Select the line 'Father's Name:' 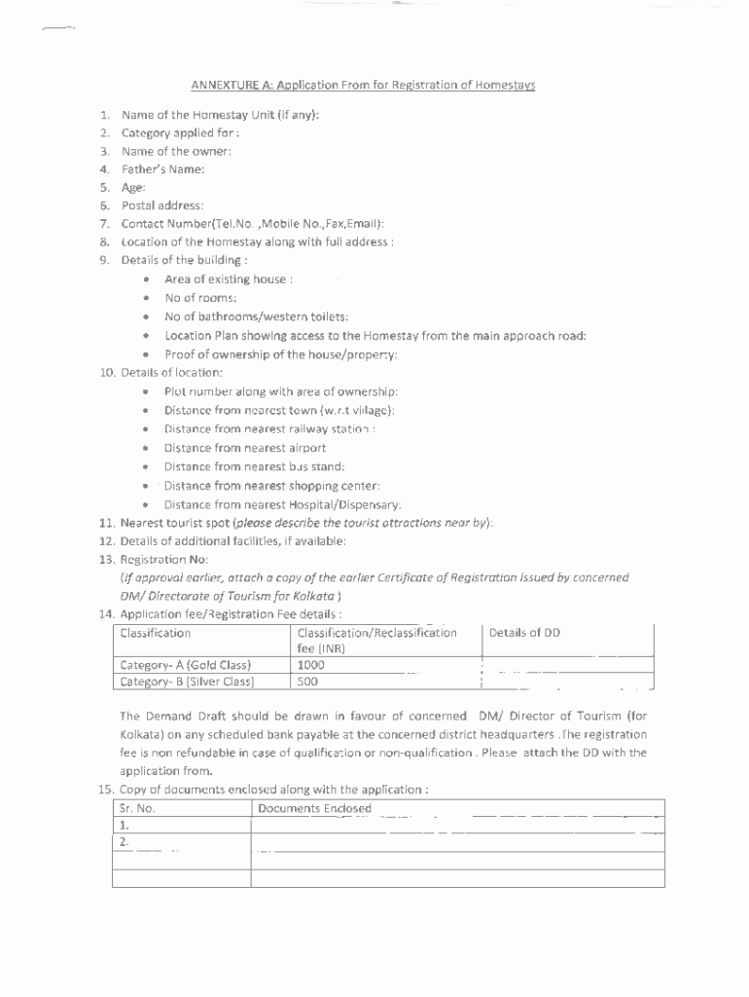(x=162, y=169)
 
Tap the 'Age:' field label (x=133, y=187)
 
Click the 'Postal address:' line (x=162, y=205)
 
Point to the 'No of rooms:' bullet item (x=200, y=298)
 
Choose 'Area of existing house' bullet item (x=229, y=279)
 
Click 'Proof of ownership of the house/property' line (x=280, y=354)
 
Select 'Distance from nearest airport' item (x=245, y=448)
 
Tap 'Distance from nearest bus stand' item (x=254, y=466)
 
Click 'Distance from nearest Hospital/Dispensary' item (x=282, y=504)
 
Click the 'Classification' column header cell (x=156, y=633)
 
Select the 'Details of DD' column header (x=524, y=633)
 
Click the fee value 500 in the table (x=307, y=682)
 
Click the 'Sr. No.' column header (x=137, y=808)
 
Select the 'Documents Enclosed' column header (x=314, y=808)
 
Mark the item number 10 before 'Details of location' (x=107, y=373)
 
